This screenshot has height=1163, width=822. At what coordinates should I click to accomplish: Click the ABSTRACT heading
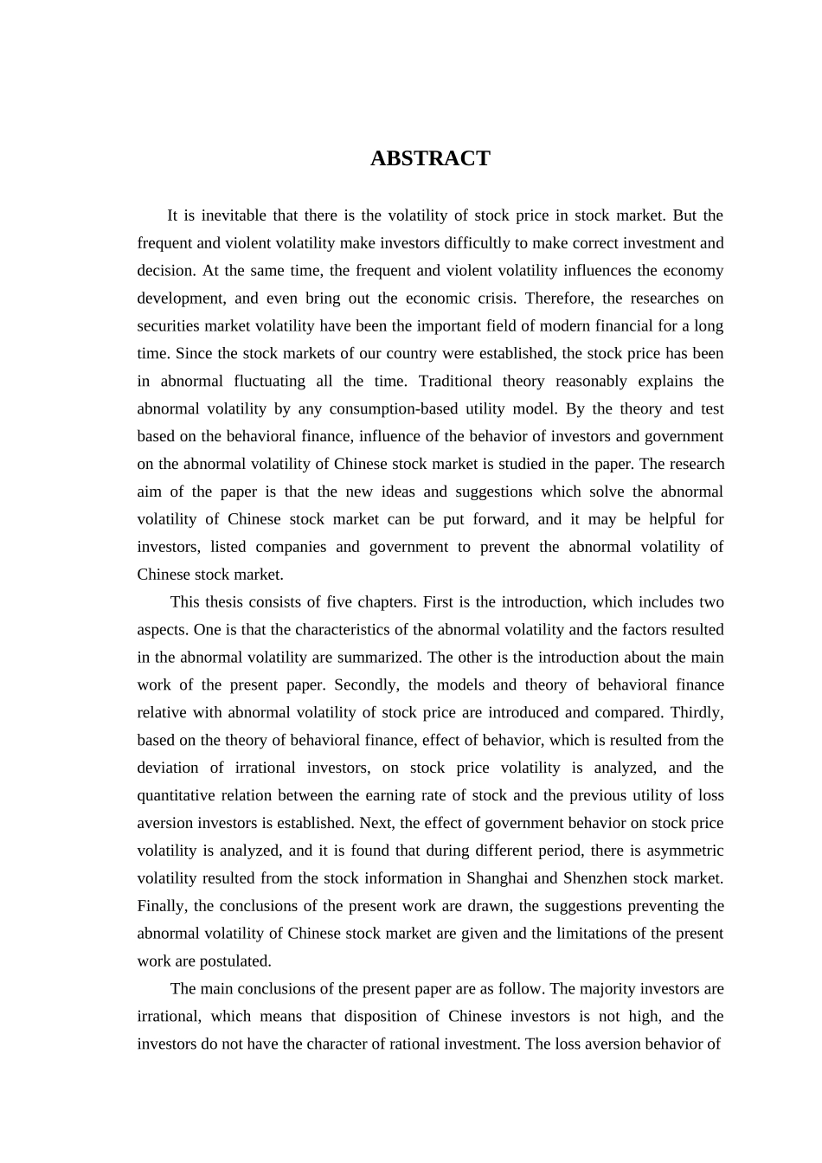point(430,158)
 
